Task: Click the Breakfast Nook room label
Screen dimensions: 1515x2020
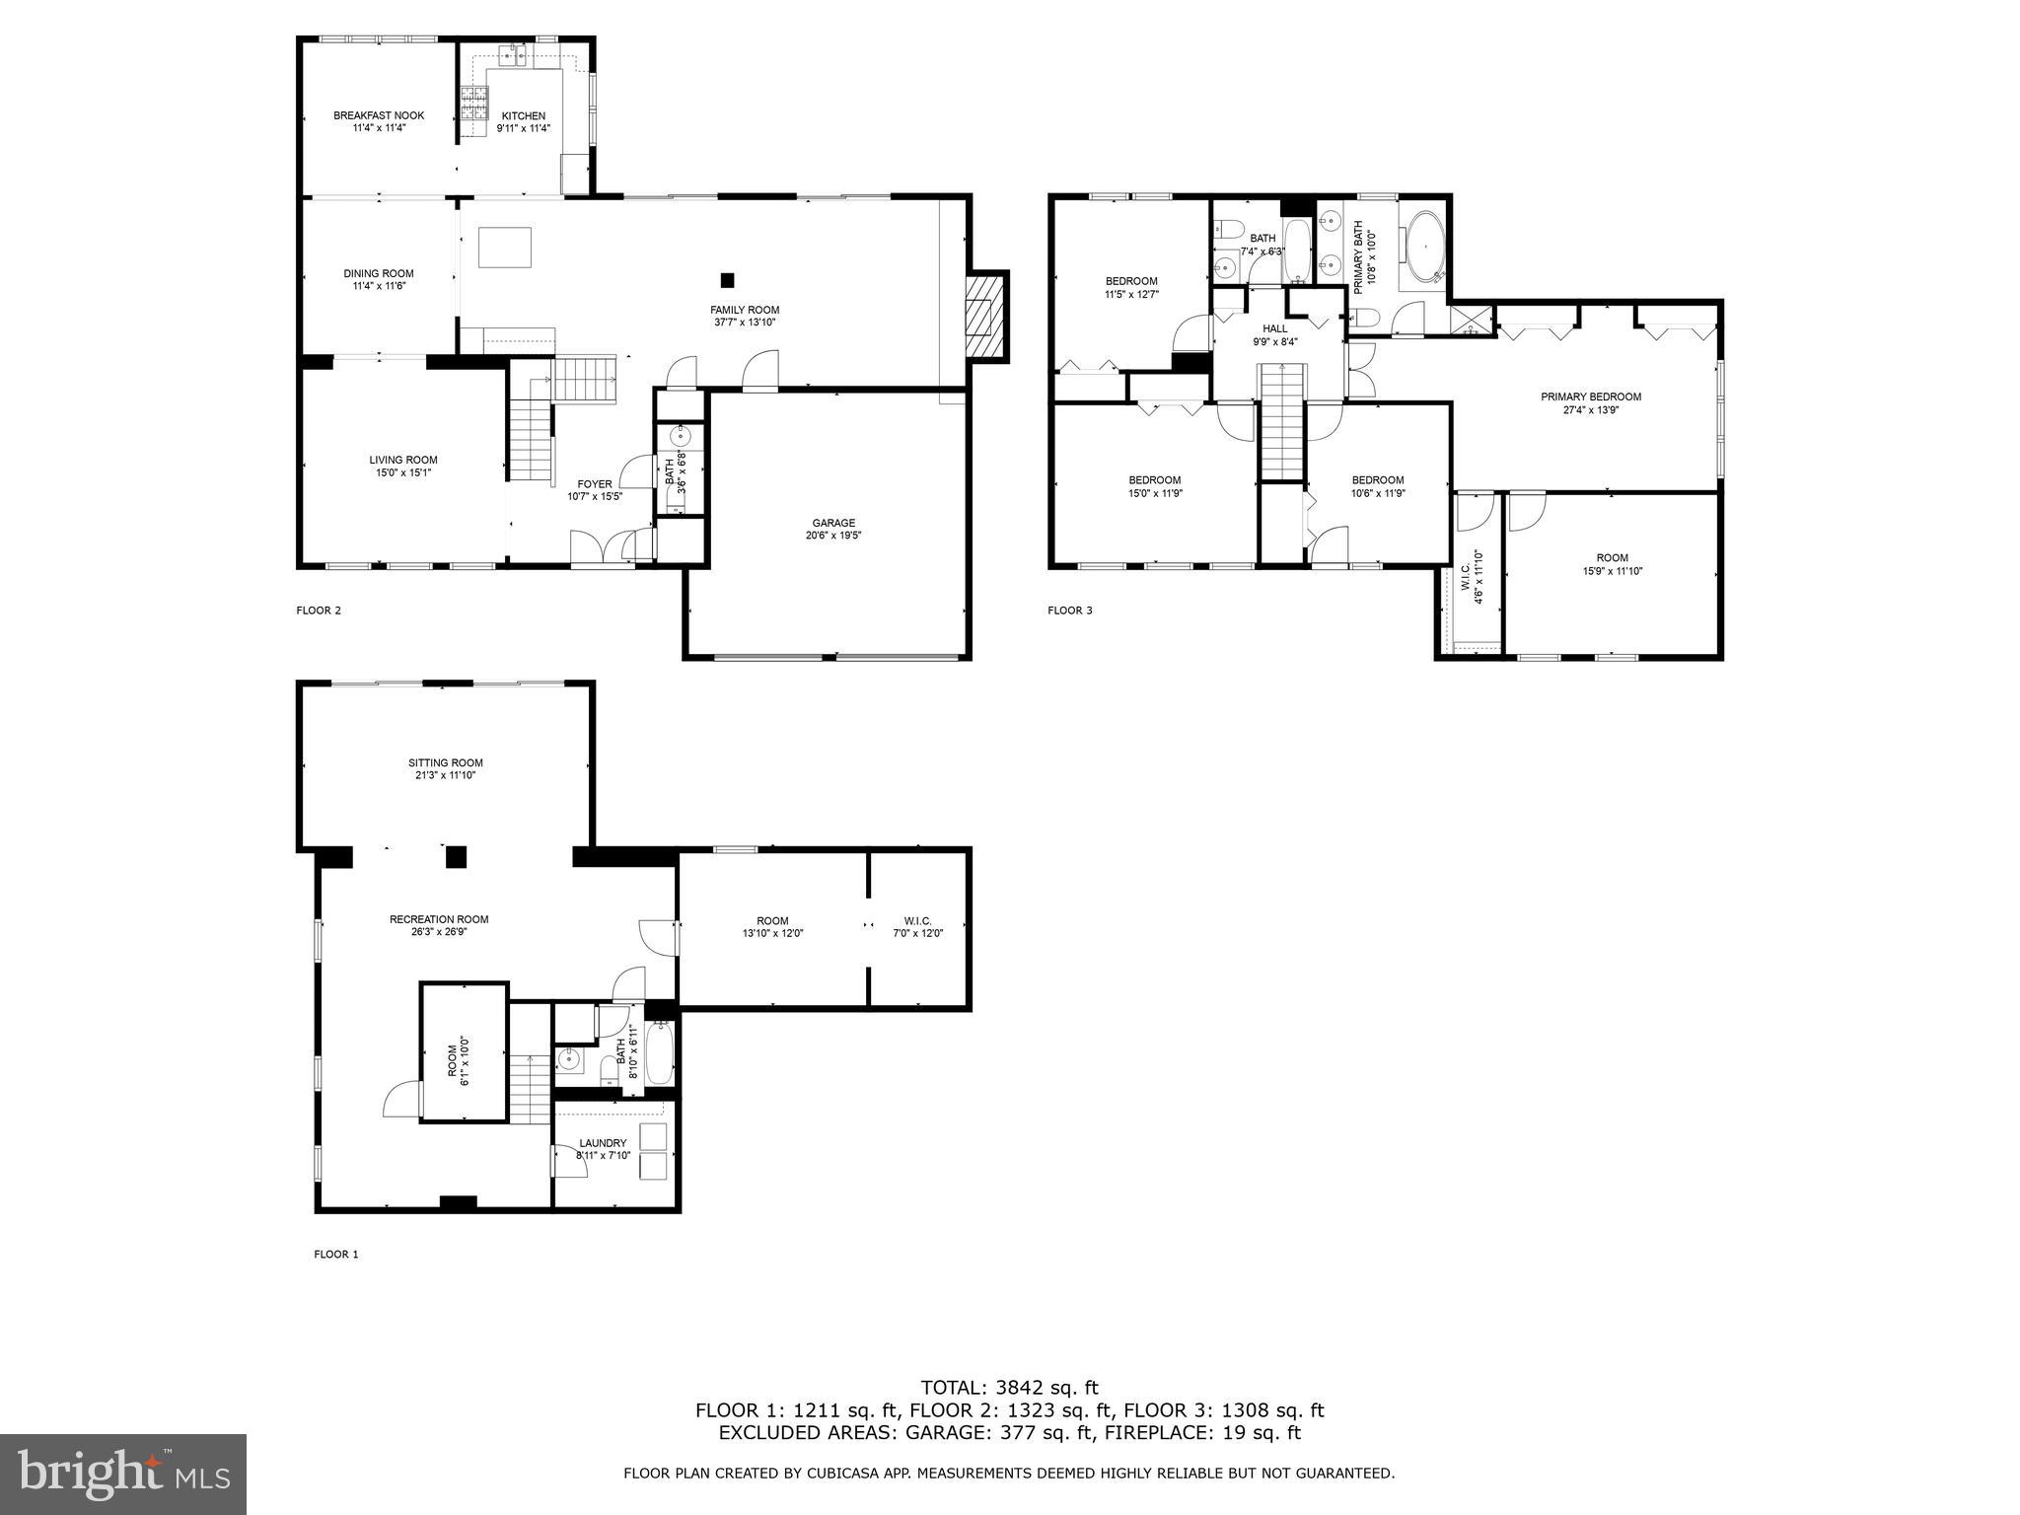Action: click(x=379, y=115)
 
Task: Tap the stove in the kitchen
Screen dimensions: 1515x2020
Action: click(x=473, y=104)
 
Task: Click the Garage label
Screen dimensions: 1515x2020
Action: click(x=833, y=523)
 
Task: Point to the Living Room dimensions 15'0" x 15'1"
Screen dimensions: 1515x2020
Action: click(x=403, y=472)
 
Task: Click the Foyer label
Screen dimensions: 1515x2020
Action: click(x=595, y=483)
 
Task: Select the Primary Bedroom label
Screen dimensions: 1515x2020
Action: click(x=1591, y=397)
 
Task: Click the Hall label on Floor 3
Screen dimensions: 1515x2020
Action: click(x=1275, y=328)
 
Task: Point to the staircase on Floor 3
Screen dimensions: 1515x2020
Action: click(x=1283, y=421)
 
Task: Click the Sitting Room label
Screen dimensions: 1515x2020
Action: click(x=446, y=762)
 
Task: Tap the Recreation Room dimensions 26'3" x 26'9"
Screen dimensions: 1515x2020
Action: click(x=439, y=931)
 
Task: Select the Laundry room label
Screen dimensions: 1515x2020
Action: click(x=603, y=1143)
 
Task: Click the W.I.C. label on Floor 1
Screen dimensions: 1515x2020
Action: click(x=917, y=920)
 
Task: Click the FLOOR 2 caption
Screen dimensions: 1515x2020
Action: click(x=319, y=611)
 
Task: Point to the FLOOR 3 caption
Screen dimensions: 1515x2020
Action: click(x=1070, y=611)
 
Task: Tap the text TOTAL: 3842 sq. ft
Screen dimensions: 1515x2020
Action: click(x=1009, y=1388)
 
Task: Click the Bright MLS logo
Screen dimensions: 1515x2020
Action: click(x=123, y=1475)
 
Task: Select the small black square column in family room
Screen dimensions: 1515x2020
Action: click(x=727, y=280)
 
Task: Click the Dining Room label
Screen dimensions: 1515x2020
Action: click(x=379, y=273)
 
